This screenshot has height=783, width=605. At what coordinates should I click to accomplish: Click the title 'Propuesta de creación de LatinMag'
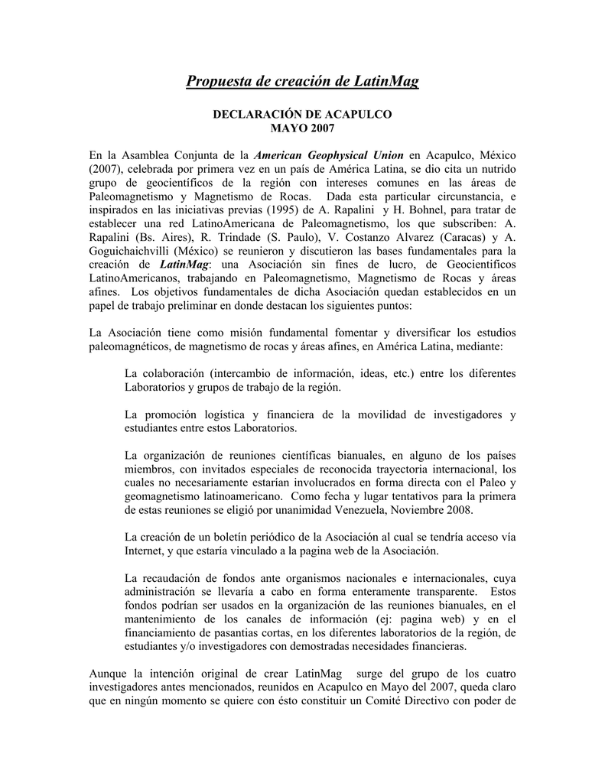[302, 80]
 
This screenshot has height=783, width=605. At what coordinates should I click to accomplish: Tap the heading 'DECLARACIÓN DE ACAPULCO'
[302, 113]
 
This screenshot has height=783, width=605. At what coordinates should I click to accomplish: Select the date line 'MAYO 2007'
[302, 126]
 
